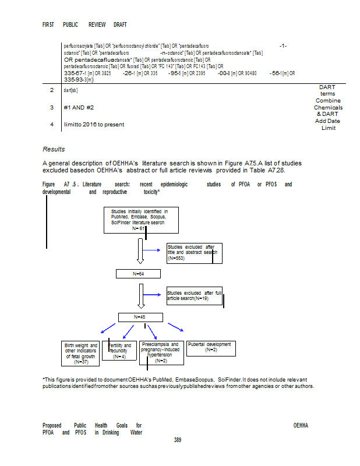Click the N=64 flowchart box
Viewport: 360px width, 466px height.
(x=139, y=274)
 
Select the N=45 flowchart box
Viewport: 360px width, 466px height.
(x=139, y=317)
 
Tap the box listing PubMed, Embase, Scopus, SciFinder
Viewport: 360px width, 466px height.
(x=142, y=220)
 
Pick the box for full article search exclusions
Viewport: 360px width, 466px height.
(x=195, y=295)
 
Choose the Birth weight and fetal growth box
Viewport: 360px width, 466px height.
(x=81, y=354)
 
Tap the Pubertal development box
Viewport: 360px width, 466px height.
(x=211, y=347)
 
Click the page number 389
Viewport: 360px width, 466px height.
(x=178, y=440)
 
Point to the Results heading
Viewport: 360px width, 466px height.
(x=54, y=150)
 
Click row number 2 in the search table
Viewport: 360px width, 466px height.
(x=52, y=90)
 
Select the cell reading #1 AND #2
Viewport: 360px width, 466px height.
(x=79, y=108)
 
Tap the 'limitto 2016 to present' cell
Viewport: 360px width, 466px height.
(x=94, y=124)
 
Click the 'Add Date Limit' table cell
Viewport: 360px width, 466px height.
(x=327, y=125)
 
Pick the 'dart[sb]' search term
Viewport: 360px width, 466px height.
(x=70, y=90)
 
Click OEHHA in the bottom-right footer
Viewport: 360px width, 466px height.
(x=301, y=425)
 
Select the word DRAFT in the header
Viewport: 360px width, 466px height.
(x=120, y=25)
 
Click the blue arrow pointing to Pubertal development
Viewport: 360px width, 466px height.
(x=175, y=327)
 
